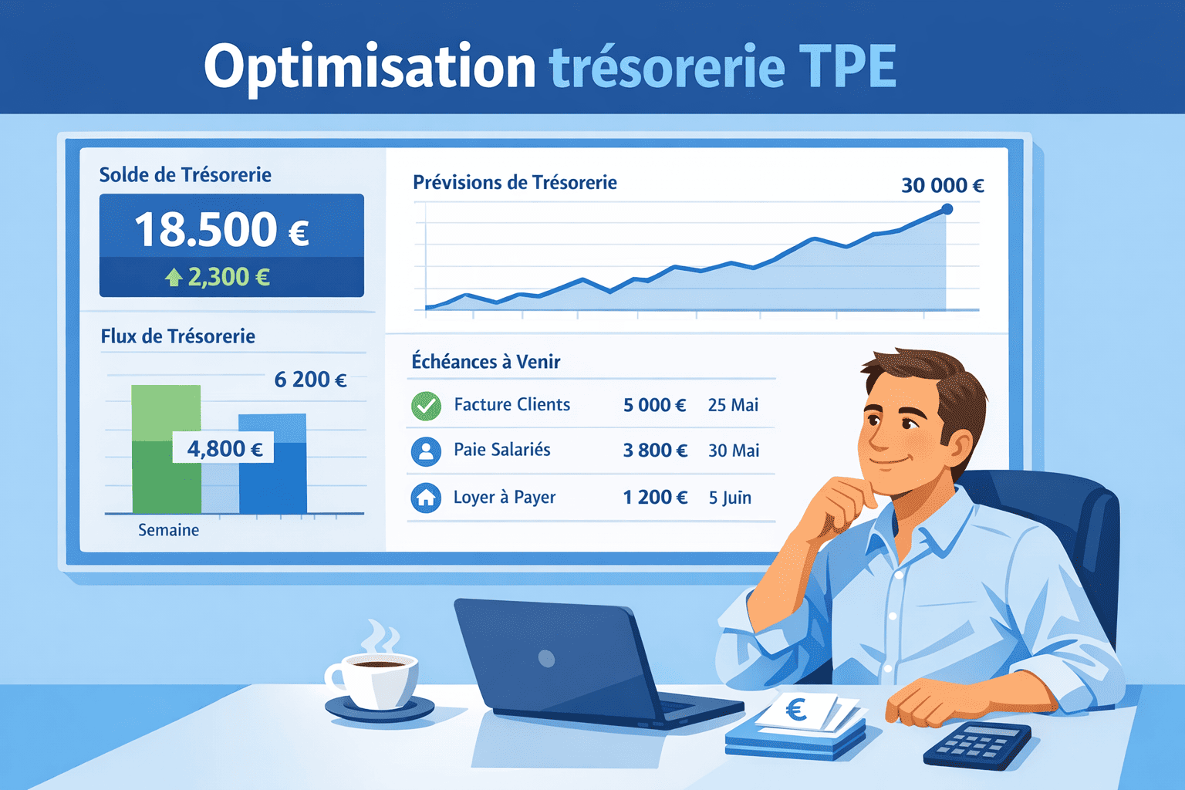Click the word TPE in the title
point(847,66)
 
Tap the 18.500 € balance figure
point(222,230)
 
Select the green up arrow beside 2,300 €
point(174,277)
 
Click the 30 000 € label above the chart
point(942,185)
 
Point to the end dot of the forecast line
point(947,209)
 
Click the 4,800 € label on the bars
point(225,448)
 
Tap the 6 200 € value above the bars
point(310,380)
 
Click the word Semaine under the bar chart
point(168,530)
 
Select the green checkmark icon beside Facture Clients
point(426,406)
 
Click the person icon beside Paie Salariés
point(426,451)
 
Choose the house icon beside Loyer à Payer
point(426,498)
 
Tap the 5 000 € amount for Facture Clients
point(654,405)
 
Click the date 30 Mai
point(734,451)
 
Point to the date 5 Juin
point(730,498)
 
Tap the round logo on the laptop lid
point(547,658)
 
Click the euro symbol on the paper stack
point(796,709)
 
